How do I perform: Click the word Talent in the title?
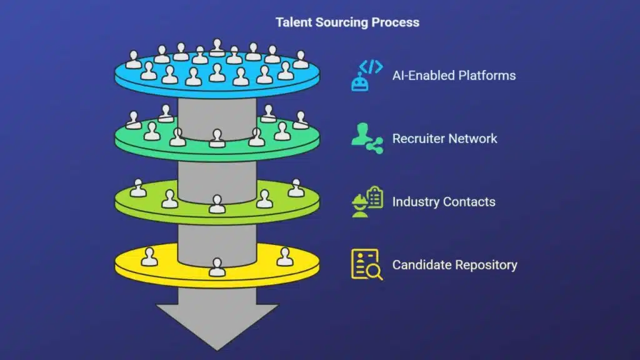tap(292, 22)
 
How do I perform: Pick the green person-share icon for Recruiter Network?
tap(367, 138)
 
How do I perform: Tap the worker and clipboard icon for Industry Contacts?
tap(367, 201)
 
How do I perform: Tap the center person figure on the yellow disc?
tap(217, 267)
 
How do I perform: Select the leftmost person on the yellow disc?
tap(149, 256)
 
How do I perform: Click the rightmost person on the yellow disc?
tap(284, 256)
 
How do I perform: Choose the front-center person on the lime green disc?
tap(217, 204)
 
